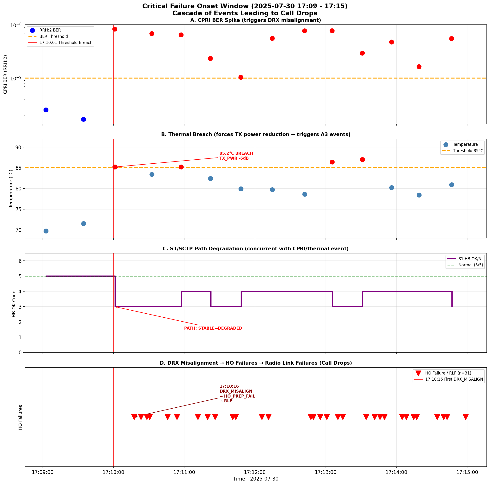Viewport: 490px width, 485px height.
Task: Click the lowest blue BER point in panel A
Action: click(x=84, y=119)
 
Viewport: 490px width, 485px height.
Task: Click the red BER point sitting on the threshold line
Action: click(x=241, y=77)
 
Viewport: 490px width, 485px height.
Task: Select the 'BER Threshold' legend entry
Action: click(x=53, y=36)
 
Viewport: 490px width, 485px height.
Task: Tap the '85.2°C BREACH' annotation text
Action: click(x=236, y=153)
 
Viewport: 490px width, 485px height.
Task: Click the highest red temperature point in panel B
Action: click(x=362, y=159)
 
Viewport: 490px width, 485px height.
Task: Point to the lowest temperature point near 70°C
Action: click(x=46, y=231)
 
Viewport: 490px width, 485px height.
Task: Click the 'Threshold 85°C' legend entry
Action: click(x=468, y=151)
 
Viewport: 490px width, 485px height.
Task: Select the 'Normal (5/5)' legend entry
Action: click(x=470, y=265)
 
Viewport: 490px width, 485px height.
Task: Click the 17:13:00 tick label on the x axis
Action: click(x=325, y=472)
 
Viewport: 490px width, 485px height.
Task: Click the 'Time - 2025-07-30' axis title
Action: click(x=255, y=479)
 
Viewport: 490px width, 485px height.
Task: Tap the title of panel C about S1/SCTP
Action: click(x=255, y=249)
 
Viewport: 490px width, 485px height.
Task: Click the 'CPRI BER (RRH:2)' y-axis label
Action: click(x=6, y=74)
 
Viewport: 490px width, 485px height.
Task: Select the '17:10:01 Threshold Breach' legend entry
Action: click(x=66, y=43)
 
